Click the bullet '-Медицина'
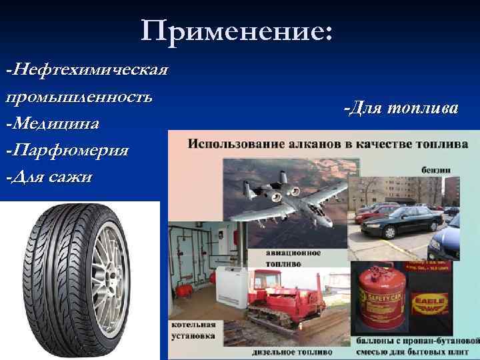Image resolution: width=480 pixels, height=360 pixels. (x=53, y=123)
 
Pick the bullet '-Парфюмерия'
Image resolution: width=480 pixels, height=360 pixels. (x=67, y=150)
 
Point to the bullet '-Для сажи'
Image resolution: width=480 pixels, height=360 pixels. (x=50, y=177)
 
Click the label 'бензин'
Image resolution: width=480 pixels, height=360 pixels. (x=436, y=169)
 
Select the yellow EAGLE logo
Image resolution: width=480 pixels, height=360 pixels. (x=431, y=301)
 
